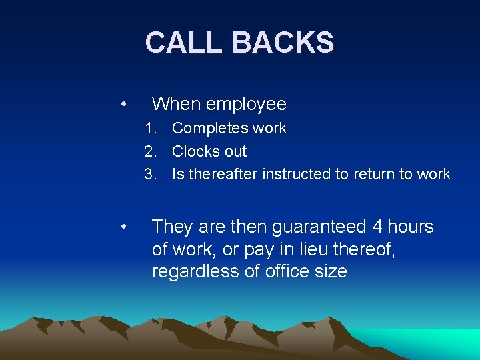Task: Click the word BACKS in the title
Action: click(x=283, y=43)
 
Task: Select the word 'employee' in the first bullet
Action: click(x=246, y=104)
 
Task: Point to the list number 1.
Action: click(x=150, y=128)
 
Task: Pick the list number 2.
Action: click(x=150, y=151)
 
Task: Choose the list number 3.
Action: click(x=150, y=175)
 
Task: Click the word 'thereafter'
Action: click(x=223, y=175)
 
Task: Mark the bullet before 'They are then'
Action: click(x=123, y=227)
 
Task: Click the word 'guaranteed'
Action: click(x=319, y=227)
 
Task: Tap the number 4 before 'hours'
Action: click(x=377, y=227)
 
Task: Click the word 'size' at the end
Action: click(x=327, y=272)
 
